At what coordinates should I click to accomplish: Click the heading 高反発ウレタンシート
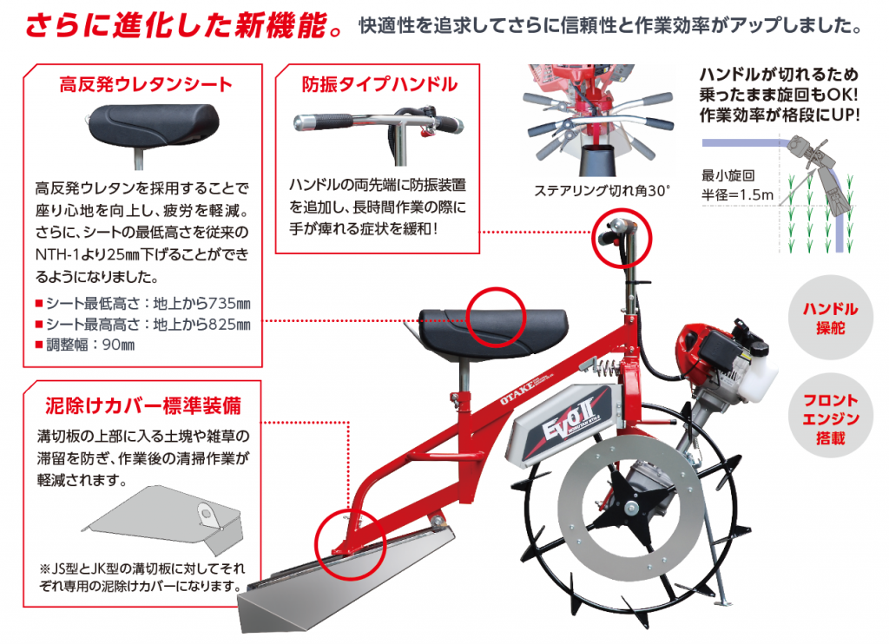tap(145, 84)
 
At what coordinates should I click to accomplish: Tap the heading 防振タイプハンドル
tap(379, 84)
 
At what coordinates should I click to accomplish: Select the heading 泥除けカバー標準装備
tap(142, 405)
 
